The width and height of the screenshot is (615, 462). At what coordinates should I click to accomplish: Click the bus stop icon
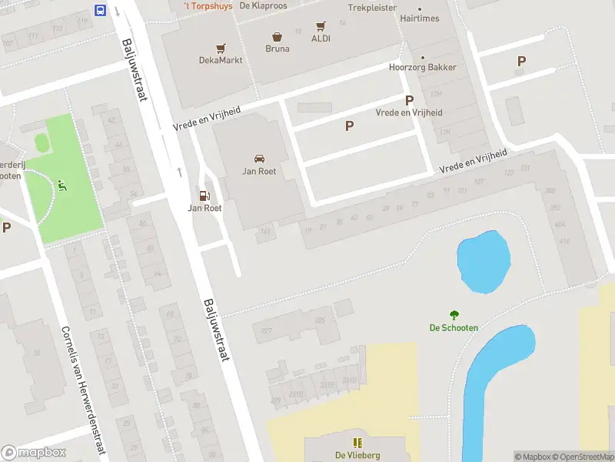click(x=101, y=10)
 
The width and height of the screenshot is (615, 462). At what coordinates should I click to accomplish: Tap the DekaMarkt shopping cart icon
click(x=221, y=47)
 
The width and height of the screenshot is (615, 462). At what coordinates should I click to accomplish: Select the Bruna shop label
click(x=277, y=49)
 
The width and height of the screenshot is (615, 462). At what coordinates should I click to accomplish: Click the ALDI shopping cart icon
click(x=321, y=25)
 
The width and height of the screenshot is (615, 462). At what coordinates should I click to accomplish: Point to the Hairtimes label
click(x=419, y=18)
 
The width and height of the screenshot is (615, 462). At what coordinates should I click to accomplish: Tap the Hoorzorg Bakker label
click(x=422, y=67)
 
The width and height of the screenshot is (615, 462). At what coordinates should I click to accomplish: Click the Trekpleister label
click(x=372, y=7)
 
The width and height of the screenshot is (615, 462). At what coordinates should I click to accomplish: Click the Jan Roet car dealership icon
click(x=259, y=159)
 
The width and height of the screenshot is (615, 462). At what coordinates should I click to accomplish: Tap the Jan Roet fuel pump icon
click(x=204, y=196)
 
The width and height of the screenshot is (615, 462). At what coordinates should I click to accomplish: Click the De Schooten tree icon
click(x=454, y=314)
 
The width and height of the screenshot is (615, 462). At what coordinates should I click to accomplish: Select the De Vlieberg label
click(x=357, y=455)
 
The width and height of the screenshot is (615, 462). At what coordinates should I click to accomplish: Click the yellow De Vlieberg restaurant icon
click(x=357, y=442)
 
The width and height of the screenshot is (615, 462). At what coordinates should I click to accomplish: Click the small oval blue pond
click(x=484, y=263)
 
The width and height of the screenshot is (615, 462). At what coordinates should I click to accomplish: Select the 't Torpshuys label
click(x=207, y=5)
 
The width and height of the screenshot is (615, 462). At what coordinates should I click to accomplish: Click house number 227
click(x=267, y=331)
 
